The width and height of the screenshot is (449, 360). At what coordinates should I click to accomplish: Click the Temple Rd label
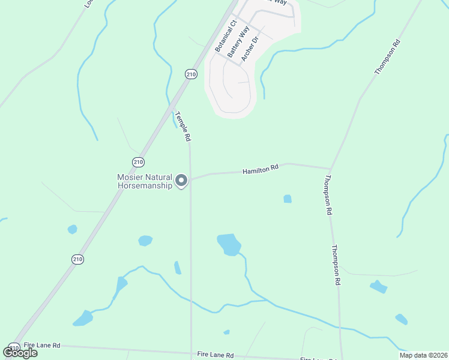point(183,127)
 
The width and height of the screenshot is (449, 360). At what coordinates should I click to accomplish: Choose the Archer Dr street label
point(250,49)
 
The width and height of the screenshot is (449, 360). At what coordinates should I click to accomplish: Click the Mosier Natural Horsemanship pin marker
point(181,180)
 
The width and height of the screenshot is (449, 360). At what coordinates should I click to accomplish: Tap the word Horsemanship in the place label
point(145,185)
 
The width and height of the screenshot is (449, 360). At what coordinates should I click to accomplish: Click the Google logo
point(20,352)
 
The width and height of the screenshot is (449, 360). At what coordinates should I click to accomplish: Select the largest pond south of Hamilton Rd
point(229,244)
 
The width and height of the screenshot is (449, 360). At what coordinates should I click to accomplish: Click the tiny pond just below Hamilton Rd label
point(288,199)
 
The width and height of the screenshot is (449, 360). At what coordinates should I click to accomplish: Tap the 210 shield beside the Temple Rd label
point(191,74)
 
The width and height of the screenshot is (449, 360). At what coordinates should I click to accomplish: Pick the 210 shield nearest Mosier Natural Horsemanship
point(138,162)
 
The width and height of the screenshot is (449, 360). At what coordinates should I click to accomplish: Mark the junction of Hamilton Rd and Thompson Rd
point(331,169)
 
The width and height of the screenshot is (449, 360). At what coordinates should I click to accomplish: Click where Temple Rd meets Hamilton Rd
point(190,179)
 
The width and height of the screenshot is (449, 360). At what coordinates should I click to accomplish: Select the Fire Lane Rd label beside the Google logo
point(43,346)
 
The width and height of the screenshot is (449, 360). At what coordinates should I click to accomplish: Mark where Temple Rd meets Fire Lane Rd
point(191,353)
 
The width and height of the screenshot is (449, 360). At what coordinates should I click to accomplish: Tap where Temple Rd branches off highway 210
point(174,110)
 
